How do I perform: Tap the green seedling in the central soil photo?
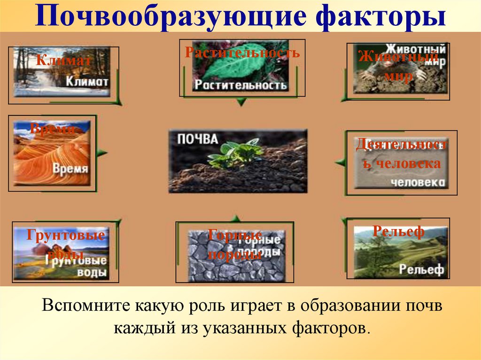[237, 153]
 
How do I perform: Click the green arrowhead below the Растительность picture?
[241, 101]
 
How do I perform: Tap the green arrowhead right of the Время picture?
[102, 153]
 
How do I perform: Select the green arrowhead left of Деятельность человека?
[340, 162]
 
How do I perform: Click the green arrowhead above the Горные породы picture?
[236, 218]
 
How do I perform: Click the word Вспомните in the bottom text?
[85, 307]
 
